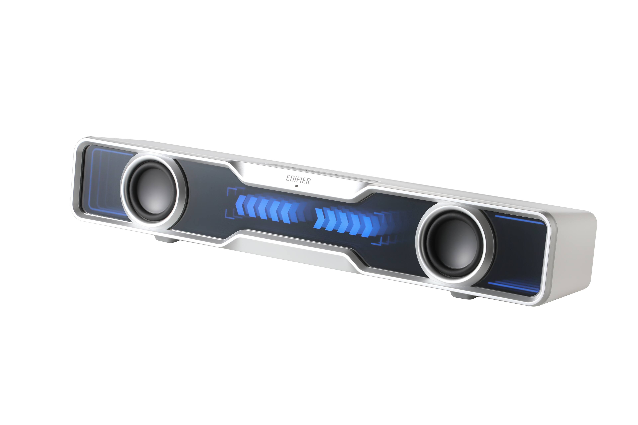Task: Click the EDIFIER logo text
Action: pyautogui.click(x=298, y=179)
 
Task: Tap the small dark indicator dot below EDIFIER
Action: pyautogui.click(x=296, y=186)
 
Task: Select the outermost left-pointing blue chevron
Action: pyautogui.click(x=240, y=205)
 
